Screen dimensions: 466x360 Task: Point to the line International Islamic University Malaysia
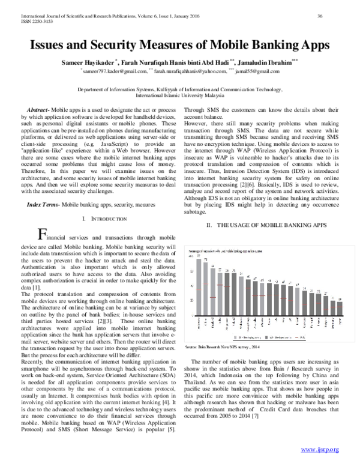179,95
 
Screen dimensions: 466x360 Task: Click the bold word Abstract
39,110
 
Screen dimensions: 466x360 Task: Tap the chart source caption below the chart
231,348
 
